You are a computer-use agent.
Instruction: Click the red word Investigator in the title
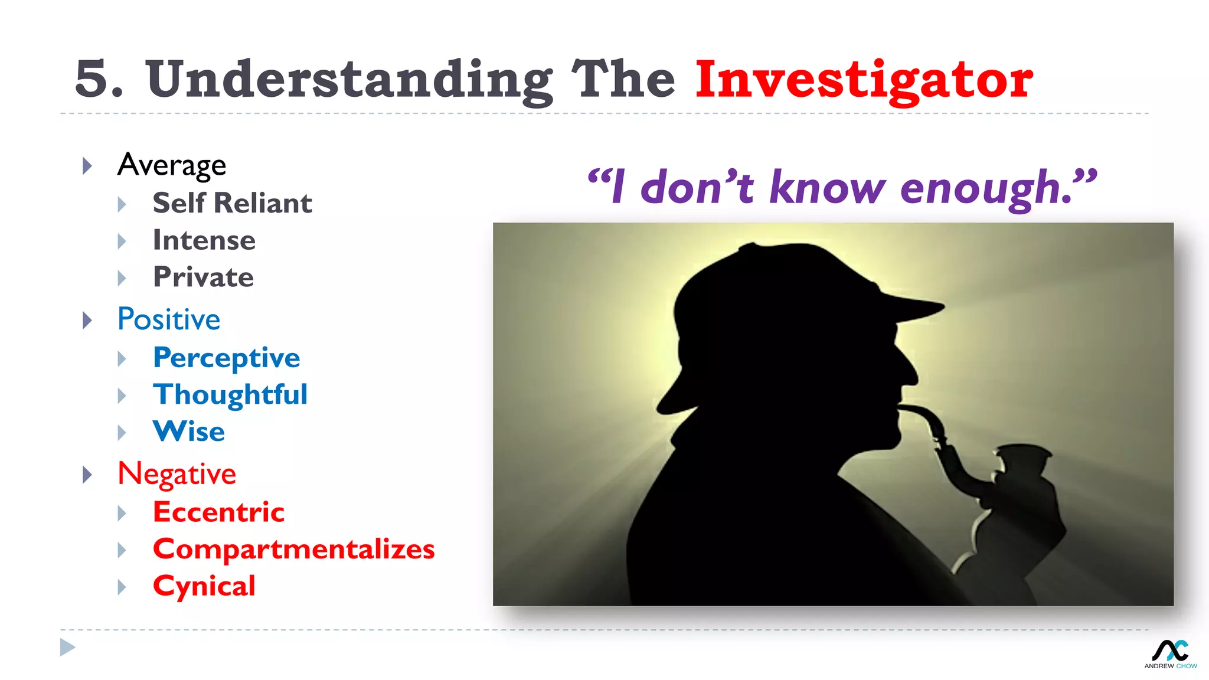tap(864, 80)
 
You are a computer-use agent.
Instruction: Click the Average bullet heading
tap(172, 165)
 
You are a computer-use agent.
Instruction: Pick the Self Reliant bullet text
tap(232, 203)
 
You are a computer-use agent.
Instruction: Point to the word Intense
tap(204, 240)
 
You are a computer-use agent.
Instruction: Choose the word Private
tap(204, 277)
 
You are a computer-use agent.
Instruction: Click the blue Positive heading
tap(169, 319)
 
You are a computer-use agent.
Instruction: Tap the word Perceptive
tap(227, 358)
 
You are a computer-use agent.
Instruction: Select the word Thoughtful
tap(230, 394)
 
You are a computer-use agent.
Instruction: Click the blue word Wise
tap(189, 431)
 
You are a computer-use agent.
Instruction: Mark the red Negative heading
tap(177, 474)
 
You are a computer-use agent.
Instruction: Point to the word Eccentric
tap(219, 512)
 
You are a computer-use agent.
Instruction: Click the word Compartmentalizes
tap(294, 549)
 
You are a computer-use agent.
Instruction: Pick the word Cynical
tap(204, 586)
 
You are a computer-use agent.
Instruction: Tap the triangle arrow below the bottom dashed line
tap(67, 648)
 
